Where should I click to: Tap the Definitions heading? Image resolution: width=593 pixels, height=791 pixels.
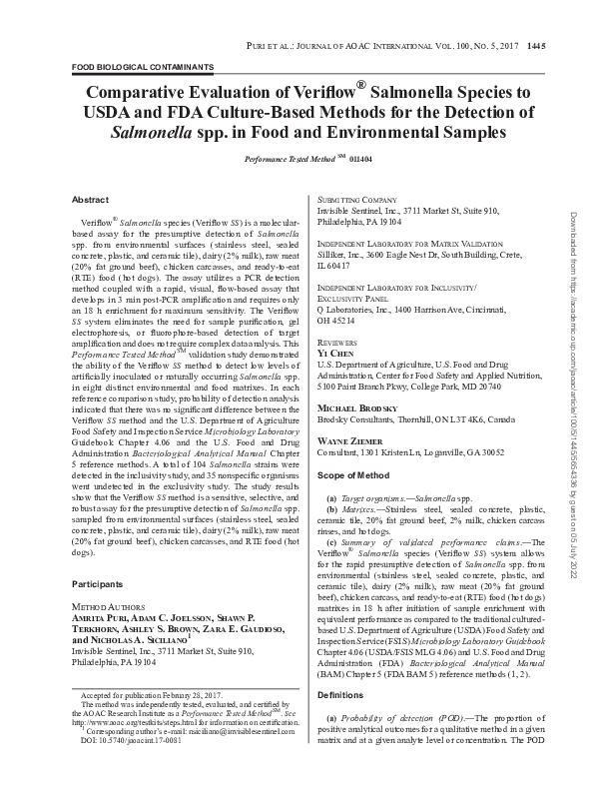tap(342, 720)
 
